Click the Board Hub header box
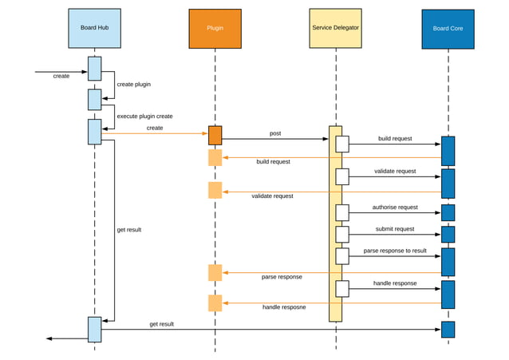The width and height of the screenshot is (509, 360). [x=94, y=28]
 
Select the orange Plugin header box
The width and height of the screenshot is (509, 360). [x=215, y=29]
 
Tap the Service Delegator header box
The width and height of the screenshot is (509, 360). [x=335, y=29]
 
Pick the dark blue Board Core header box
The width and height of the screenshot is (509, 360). [x=448, y=30]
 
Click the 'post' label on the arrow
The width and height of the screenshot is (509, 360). [x=275, y=133]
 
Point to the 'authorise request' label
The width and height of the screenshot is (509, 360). [x=395, y=208]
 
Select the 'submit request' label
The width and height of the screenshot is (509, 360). [x=395, y=229]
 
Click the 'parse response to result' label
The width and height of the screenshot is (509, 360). [x=395, y=251]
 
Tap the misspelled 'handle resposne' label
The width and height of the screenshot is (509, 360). [x=284, y=307]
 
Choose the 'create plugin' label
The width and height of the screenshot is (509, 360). [x=134, y=84]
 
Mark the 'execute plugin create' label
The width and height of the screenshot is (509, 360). [x=144, y=116]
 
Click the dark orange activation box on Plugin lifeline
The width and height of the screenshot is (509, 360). [x=215, y=135]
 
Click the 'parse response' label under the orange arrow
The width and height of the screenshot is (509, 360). [x=282, y=277]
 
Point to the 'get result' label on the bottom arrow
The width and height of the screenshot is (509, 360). [x=161, y=324]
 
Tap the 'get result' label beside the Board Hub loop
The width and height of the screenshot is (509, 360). [x=128, y=230]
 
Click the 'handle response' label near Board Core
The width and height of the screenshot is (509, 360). [x=395, y=283]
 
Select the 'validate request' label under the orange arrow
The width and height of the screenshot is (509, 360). [x=272, y=196]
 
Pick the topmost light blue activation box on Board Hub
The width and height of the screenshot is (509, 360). [x=94, y=69]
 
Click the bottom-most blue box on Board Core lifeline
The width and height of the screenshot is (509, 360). [x=448, y=329]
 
